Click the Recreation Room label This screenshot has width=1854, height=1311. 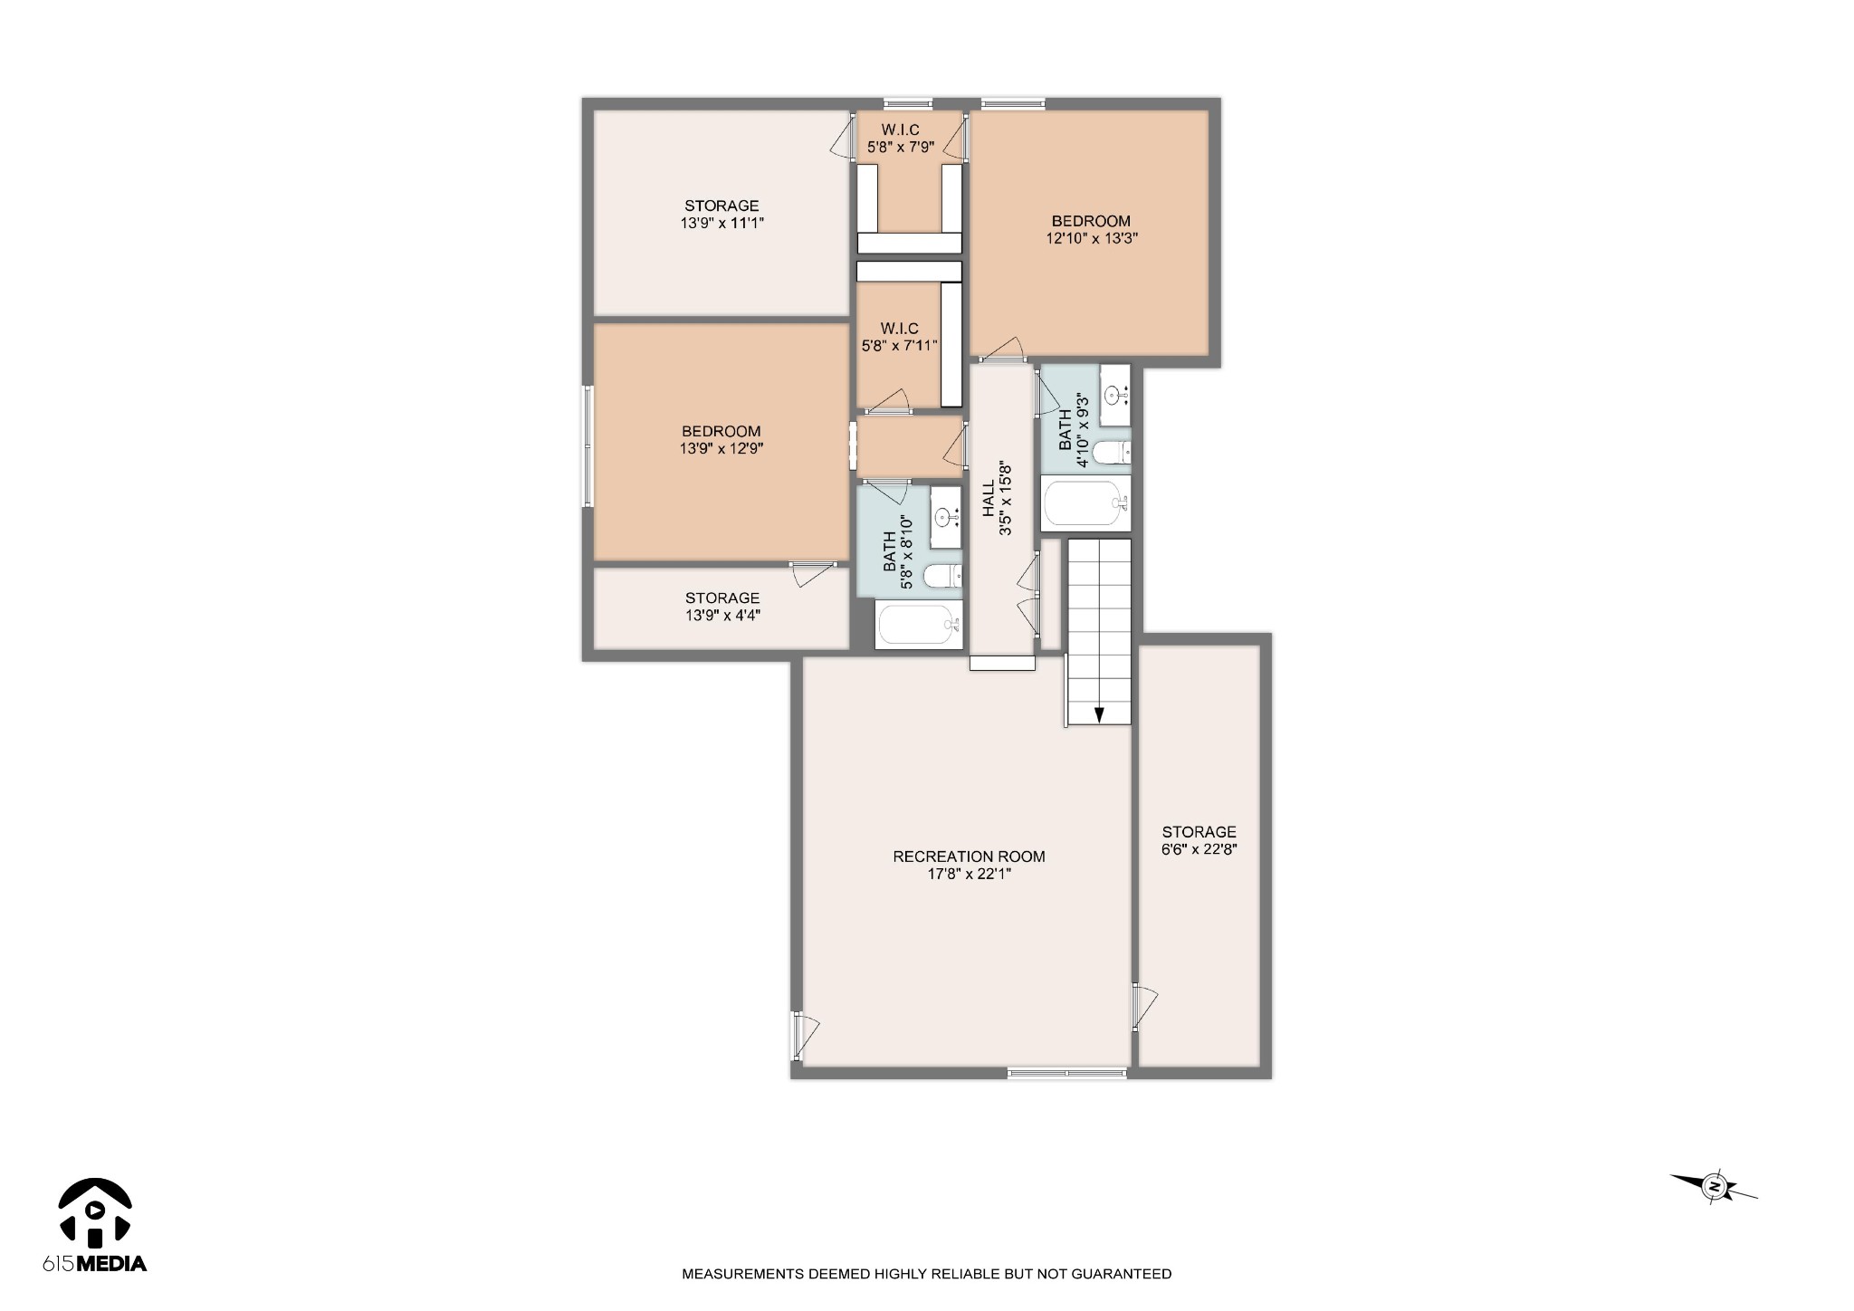click(969, 856)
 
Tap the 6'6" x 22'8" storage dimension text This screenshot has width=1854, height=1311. click(1199, 849)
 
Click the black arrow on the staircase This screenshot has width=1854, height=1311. click(1099, 714)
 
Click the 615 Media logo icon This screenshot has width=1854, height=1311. click(95, 1211)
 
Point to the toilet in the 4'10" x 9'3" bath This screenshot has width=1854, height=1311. click(1112, 452)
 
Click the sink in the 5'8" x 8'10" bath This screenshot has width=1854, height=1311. click(945, 517)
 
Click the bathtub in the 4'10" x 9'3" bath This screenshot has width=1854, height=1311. click(1085, 503)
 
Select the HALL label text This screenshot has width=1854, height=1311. click(989, 500)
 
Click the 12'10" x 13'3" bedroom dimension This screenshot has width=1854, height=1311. click(1091, 238)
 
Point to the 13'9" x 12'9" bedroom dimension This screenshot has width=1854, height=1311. click(722, 448)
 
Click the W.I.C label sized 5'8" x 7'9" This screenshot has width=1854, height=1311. click(900, 130)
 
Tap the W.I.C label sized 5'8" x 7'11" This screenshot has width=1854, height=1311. click(899, 328)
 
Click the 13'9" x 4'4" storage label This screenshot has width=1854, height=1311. click(722, 598)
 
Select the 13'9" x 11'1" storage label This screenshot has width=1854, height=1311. click(722, 206)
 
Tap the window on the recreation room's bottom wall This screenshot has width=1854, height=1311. click(1066, 1073)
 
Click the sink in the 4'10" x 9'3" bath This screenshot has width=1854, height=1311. click(1115, 393)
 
